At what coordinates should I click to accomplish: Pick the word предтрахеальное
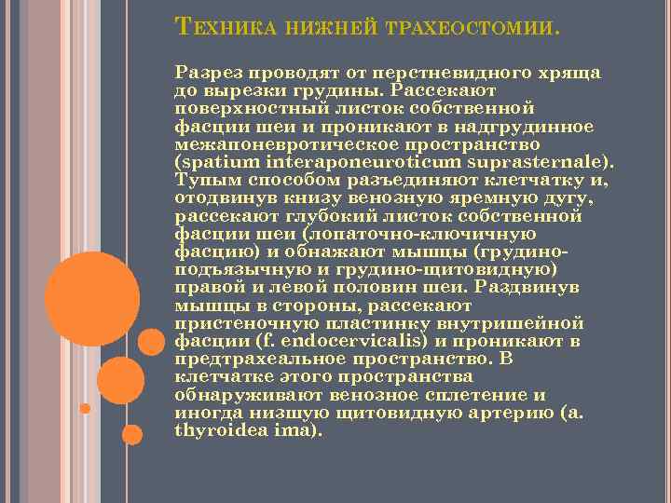pos(256,360)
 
